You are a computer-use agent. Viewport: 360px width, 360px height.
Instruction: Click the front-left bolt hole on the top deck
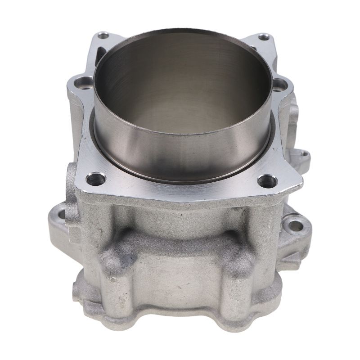[x=96, y=179]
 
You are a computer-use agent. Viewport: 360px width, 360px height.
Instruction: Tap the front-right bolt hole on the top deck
[x=267, y=181]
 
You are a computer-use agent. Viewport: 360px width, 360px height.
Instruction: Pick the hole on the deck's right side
[x=279, y=84]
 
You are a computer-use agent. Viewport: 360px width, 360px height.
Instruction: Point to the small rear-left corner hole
[x=103, y=35]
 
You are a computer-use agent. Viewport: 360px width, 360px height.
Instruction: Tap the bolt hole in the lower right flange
[x=295, y=225]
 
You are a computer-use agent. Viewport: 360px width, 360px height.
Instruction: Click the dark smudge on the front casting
[x=128, y=260]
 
